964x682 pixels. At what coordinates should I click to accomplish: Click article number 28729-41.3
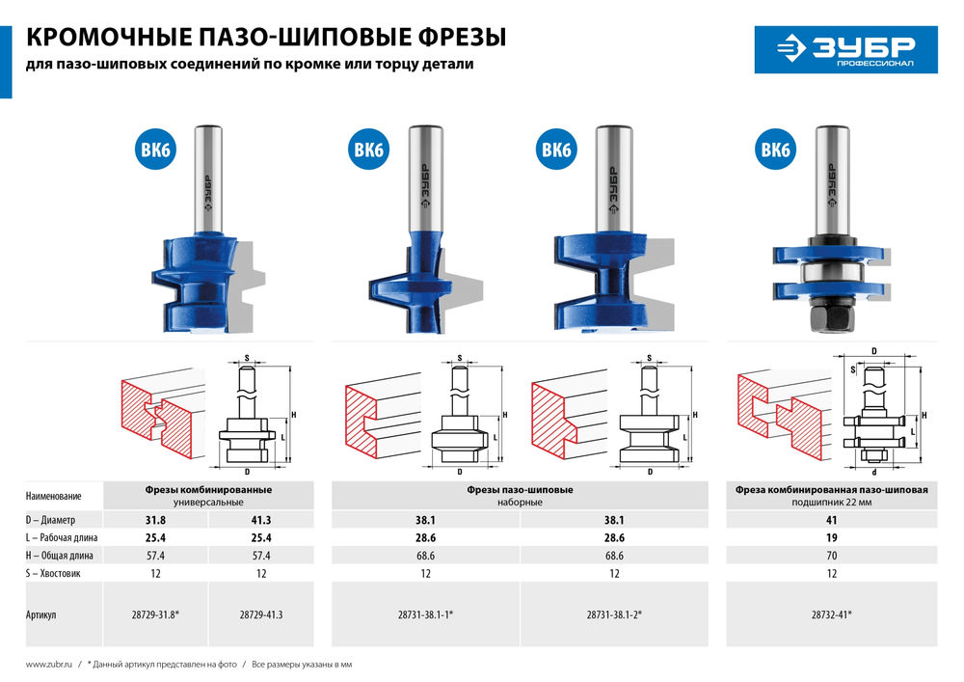pyautogui.click(x=261, y=614)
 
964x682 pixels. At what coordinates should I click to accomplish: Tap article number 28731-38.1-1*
pyautogui.click(x=425, y=614)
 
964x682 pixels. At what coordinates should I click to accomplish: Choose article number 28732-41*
pyautogui.click(x=831, y=614)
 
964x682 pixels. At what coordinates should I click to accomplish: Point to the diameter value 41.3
pyautogui.click(x=261, y=520)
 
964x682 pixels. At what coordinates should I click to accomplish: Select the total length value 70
pyautogui.click(x=831, y=556)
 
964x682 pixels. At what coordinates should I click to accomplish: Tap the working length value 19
pyautogui.click(x=831, y=537)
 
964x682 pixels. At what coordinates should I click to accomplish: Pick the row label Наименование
pyautogui.click(x=53, y=496)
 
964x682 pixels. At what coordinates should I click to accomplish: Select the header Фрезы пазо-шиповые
pyautogui.click(x=520, y=490)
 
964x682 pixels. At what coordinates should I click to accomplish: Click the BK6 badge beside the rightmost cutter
pyautogui.click(x=775, y=150)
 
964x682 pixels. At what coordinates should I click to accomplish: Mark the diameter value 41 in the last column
pyautogui.click(x=831, y=520)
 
